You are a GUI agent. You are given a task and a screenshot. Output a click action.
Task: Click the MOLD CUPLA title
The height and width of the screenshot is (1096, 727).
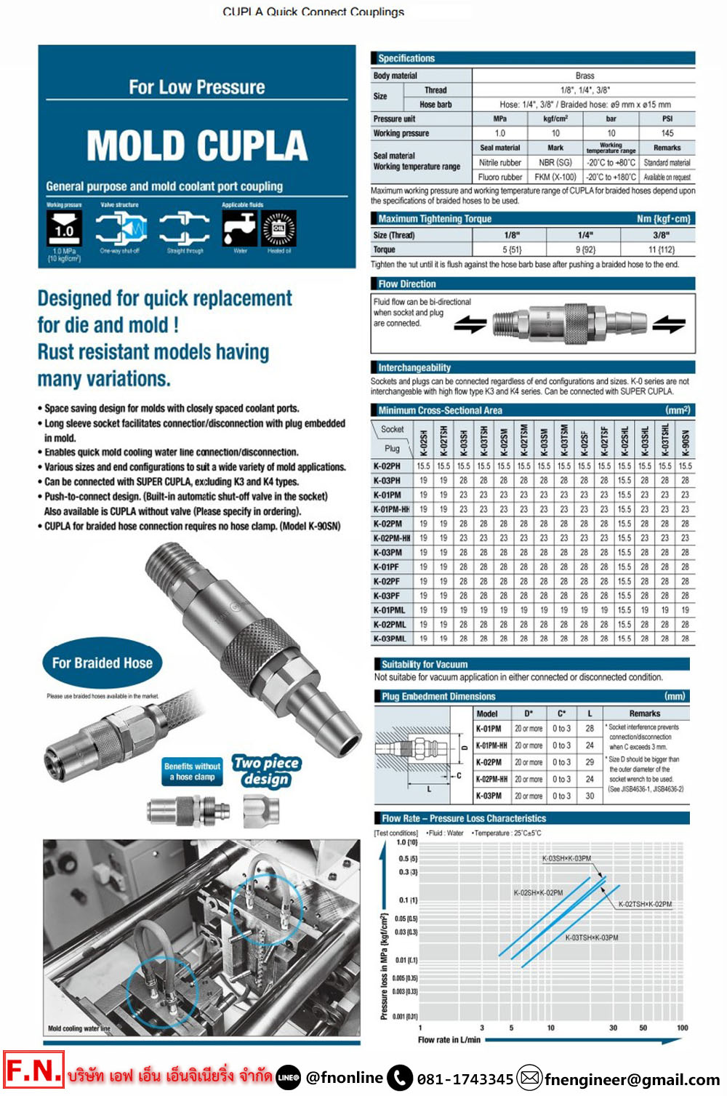coord(197,145)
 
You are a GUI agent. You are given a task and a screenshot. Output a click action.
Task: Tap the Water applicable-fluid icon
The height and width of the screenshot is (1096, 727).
coord(240,229)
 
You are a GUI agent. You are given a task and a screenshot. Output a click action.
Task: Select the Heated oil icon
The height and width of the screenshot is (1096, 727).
coord(279,229)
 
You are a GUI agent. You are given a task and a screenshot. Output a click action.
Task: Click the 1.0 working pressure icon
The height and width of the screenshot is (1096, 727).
coord(64,230)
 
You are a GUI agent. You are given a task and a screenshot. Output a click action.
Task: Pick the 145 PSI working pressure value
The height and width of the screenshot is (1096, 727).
coord(667,134)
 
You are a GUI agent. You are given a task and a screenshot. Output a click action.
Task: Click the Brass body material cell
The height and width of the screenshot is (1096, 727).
coord(585,76)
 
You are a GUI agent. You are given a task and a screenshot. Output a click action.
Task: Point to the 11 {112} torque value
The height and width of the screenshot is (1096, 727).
coord(662,249)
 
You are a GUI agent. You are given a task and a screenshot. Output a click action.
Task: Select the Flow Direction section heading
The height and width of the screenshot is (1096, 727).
coord(407,284)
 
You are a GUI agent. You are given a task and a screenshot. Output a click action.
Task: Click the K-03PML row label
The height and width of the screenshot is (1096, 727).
coord(390,639)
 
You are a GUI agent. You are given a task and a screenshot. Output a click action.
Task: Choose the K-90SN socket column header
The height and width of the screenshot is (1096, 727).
coord(685,441)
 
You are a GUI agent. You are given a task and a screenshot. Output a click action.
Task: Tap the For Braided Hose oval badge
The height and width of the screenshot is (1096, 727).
coord(103,663)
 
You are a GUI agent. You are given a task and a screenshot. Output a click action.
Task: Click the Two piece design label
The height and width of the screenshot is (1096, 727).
coord(266,771)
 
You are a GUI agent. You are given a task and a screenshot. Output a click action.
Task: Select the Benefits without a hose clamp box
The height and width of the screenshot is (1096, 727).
coord(192,772)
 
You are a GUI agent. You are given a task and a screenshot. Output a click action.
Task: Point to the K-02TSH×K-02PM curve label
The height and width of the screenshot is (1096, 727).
coord(645,904)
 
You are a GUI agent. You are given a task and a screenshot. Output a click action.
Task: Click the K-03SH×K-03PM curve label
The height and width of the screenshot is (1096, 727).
coord(566,858)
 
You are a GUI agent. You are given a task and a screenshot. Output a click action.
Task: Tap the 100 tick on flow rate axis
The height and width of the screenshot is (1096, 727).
coord(682,1028)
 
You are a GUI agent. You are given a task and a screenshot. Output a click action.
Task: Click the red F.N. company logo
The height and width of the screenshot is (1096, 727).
coord(33,1071)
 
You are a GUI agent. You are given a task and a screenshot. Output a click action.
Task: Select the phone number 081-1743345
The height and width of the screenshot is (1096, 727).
coord(465,1079)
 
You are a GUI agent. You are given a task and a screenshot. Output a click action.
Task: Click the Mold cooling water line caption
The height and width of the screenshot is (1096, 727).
coord(79,1028)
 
